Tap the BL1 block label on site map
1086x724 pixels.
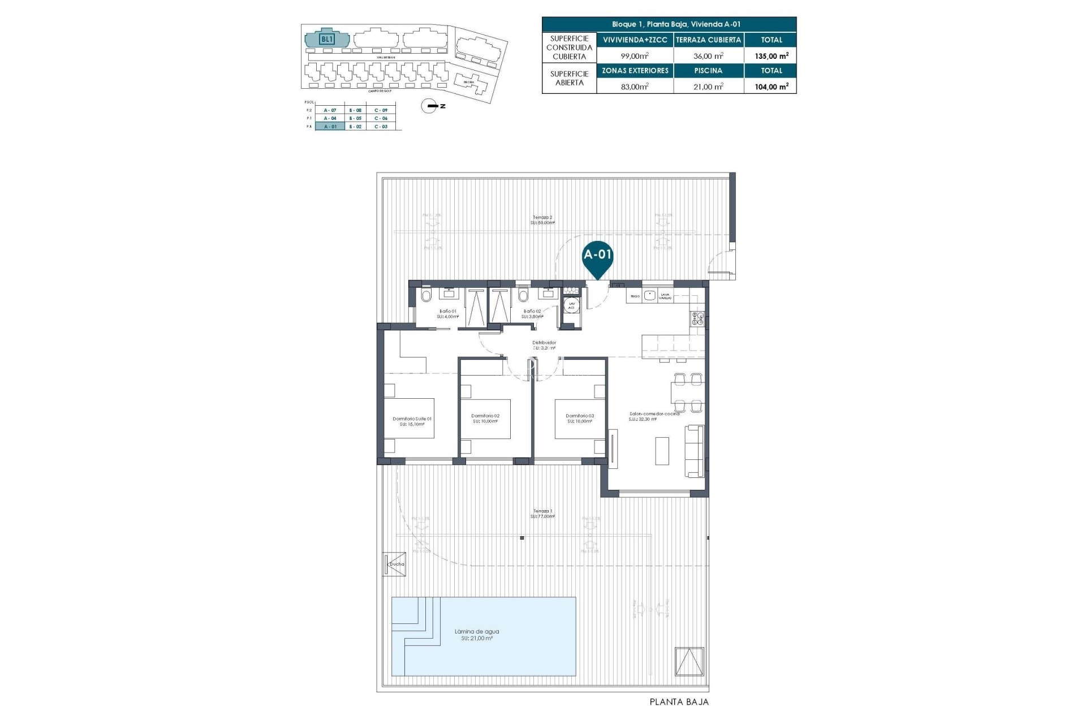pyautogui.click(x=327, y=39)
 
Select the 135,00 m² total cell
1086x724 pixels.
pyautogui.click(x=772, y=56)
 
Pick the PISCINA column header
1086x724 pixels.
pyautogui.click(x=708, y=71)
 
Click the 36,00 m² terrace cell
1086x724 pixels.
pyautogui.click(x=708, y=56)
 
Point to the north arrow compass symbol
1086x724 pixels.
pyautogui.click(x=430, y=106)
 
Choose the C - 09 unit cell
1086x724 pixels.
pyautogui.click(x=381, y=110)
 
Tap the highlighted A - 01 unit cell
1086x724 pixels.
pyautogui.click(x=330, y=127)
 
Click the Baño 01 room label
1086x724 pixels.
pyautogui.click(x=447, y=312)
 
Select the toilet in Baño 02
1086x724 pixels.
pyautogui.click(x=523, y=296)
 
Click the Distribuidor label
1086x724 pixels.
pyautogui.click(x=544, y=343)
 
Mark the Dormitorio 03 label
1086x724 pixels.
pyautogui.click(x=579, y=416)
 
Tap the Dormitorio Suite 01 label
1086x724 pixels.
pyautogui.click(x=412, y=419)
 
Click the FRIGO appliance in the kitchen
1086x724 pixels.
pyautogui.click(x=635, y=296)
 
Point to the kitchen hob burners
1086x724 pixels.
pyautogui.click(x=697, y=318)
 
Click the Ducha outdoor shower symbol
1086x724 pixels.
pyautogui.click(x=395, y=564)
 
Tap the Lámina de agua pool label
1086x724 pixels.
pyautogui.click(x=477, y=632)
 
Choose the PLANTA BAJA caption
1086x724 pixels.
pyautogui.click(x=679, y=702)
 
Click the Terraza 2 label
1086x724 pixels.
pyautogui.click(x=542, y=218)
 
